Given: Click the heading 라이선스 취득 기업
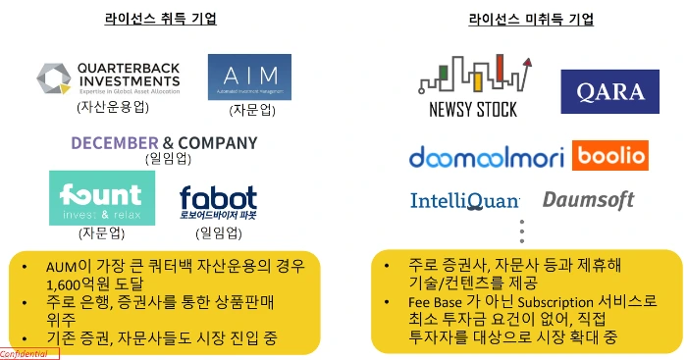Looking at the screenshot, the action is click(x=161, y=20).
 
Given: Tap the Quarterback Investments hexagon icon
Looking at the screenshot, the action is click(x=54, y=78).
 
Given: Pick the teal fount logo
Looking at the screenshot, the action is click(x=95, y=198).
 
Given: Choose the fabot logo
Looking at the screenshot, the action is click(x=219, y=201).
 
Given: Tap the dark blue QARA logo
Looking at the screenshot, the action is click(x=609, y=92).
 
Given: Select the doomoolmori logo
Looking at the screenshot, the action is click(x=486, y=157).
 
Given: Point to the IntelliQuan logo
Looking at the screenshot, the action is click(x=464, y=202).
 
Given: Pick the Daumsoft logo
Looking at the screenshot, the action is click(x=588, y=201).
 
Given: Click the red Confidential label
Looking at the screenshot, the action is click(x=29, y=353).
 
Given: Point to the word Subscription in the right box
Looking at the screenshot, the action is click(x=555, y=302).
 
